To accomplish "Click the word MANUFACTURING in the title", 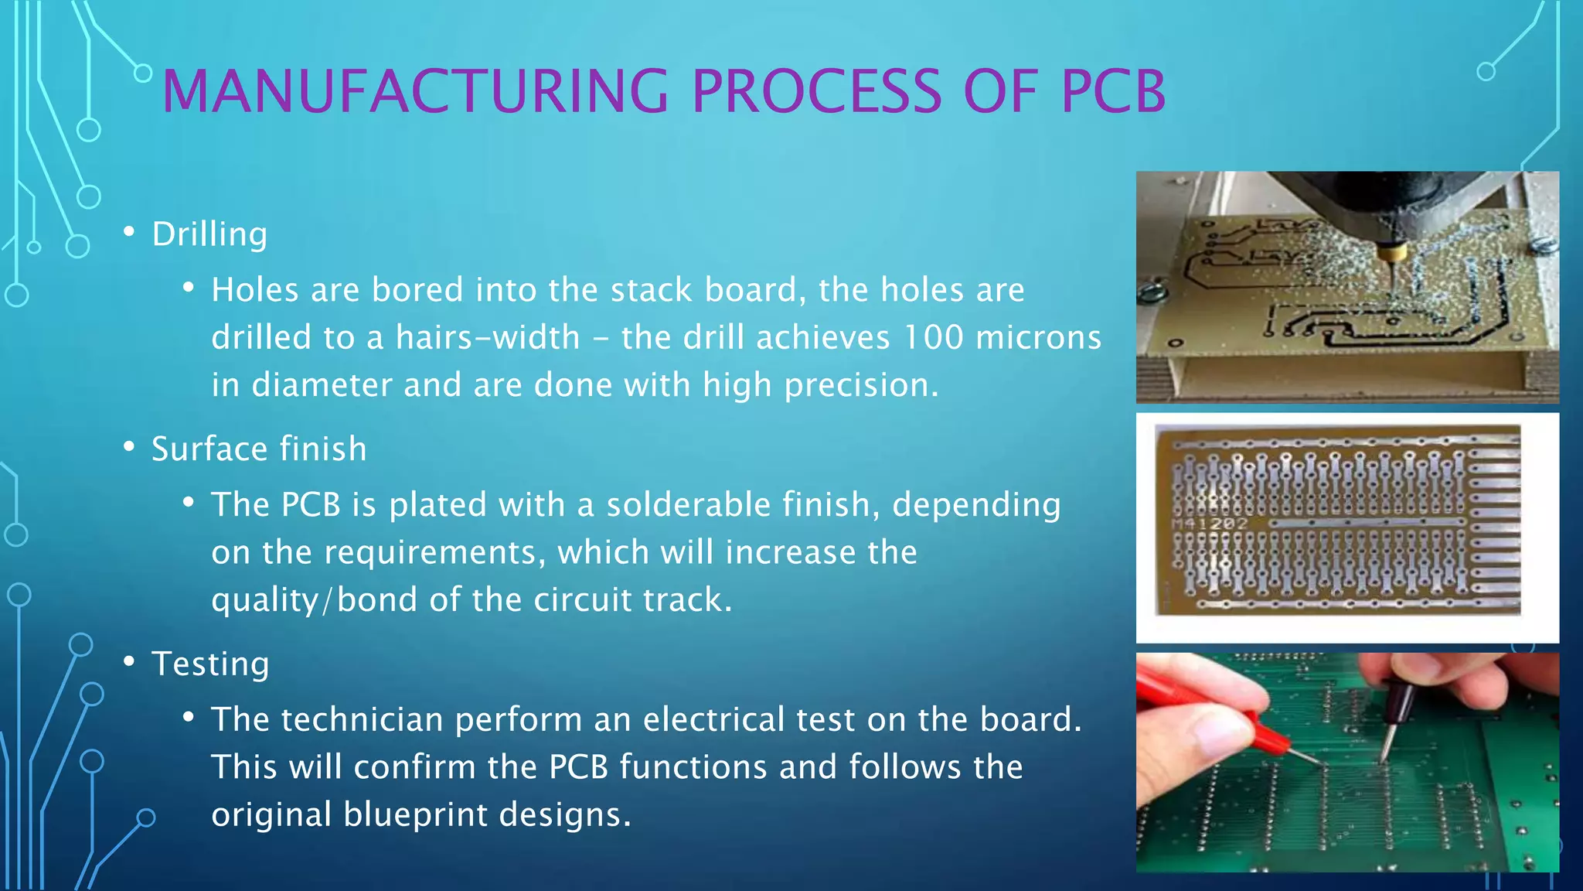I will point(415,91).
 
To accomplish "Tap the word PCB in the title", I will point(1113,91).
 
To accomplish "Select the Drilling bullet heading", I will point(209,234).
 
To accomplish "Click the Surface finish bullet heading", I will point(259,449).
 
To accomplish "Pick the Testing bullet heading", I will point(210,664).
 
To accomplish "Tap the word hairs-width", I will point(488,338).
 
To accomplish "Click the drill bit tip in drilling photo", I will point(1388,282).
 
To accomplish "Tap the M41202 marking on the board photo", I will point(1210,524).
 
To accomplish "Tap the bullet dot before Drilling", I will point(129,232).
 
